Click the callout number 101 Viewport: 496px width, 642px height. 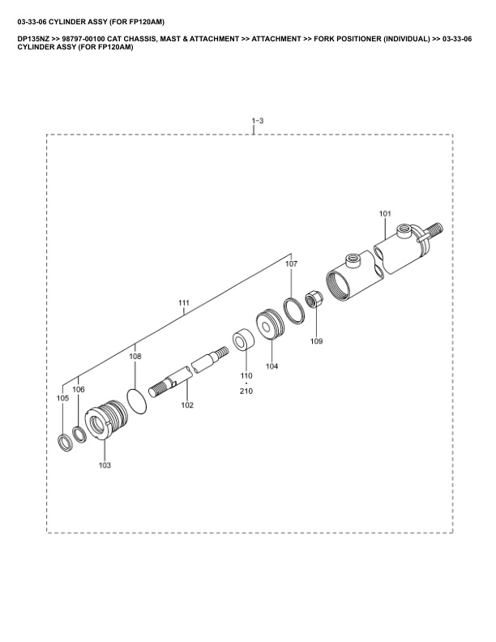coord(385,213)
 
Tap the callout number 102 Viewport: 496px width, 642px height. coord(187,405)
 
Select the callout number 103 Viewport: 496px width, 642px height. coord(105,464)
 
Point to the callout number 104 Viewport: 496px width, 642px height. coord(272,366)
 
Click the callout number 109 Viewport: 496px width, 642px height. coord(316,340)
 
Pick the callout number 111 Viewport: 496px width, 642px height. coord(184,302)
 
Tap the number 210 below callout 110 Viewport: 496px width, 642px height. coord(246,391)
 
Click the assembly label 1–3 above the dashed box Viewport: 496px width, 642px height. coord(258,120)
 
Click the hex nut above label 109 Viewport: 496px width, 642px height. coord(314,299)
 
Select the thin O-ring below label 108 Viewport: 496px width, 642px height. coord(137,402)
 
